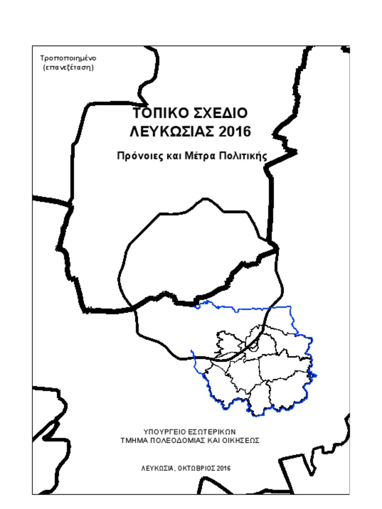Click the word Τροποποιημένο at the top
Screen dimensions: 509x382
click(68, 58)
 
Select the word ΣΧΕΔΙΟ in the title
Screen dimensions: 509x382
click(219, 113)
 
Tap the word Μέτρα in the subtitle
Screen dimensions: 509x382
click(200, 156)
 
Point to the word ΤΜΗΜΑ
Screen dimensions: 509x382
click(134, 440)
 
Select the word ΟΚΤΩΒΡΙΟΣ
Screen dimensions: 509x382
click(196, 468)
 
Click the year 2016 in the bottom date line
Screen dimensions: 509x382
click(224, 468)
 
